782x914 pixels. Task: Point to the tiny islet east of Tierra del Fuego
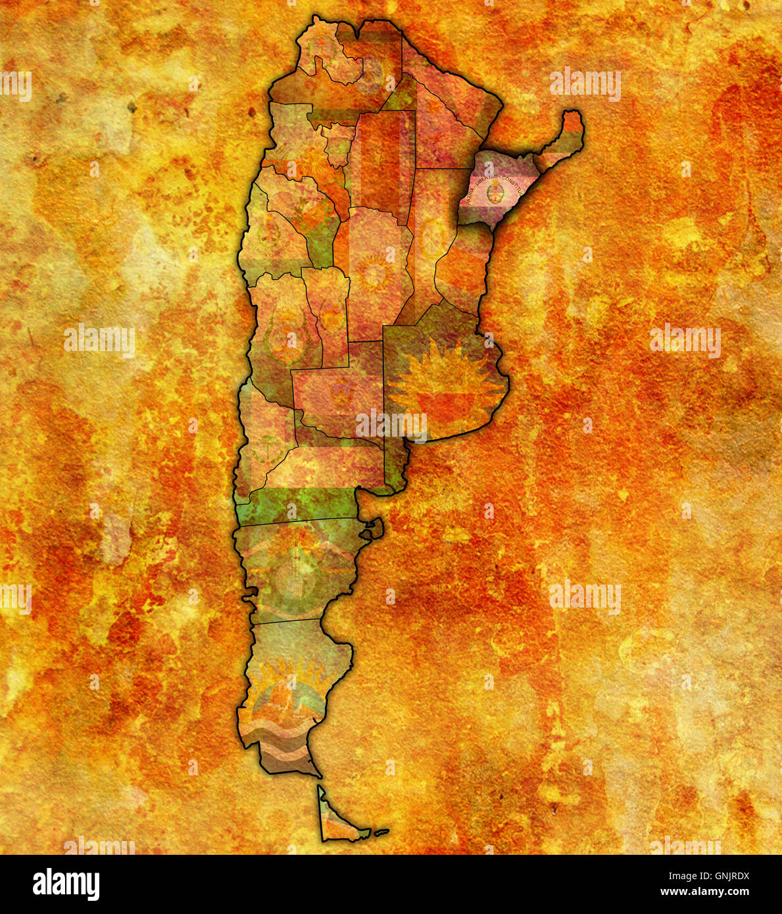(381, 832)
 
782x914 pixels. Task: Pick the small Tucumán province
(338, 141)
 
